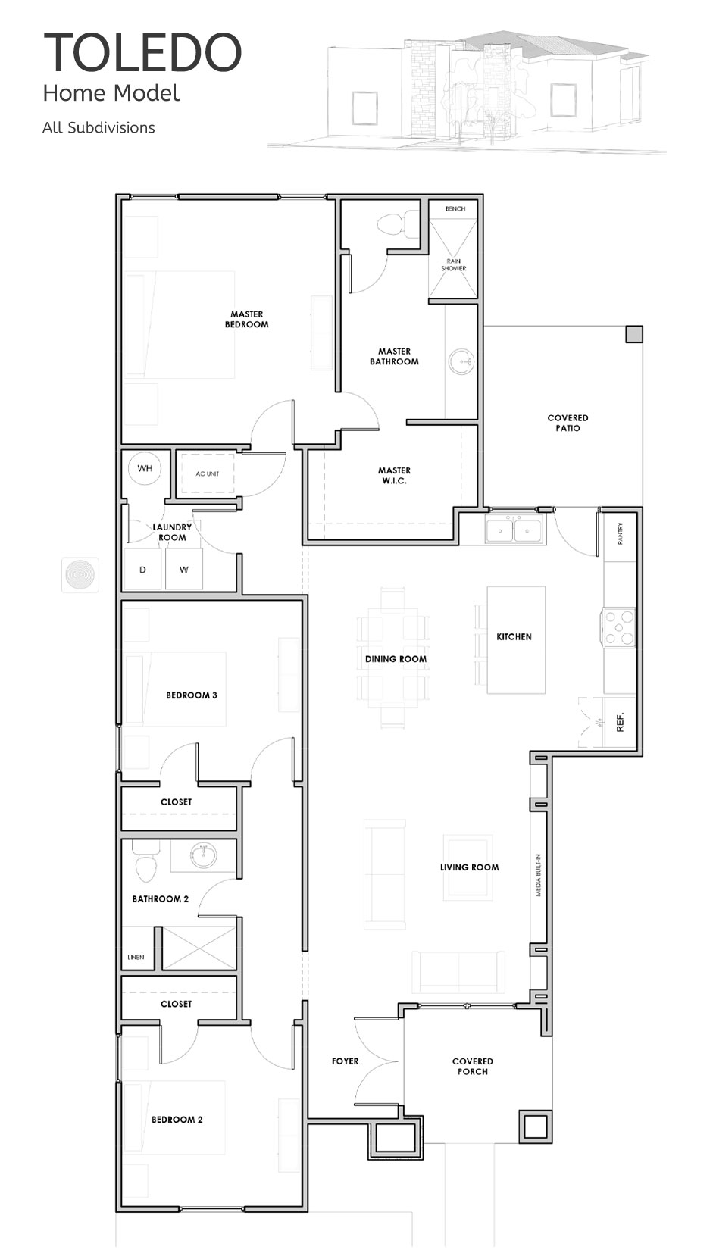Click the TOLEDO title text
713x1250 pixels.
point(142,52)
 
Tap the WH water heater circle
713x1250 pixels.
point(145,468)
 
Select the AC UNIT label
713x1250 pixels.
point(207,473)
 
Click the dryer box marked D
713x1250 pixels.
point(142,569)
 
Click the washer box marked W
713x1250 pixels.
point(183,569)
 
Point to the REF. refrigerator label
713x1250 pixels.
point(620,722)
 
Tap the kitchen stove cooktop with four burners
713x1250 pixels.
point(618,628)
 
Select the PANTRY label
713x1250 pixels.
point(621,533)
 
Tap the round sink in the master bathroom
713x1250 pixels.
point(461,361)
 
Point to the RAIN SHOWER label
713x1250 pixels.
point(454,265)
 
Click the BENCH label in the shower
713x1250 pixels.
point(455,208)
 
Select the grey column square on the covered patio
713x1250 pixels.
point(633,334)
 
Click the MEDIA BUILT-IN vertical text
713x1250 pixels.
point(538,874)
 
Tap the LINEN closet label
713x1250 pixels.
point(136,957)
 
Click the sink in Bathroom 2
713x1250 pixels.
point(204,855)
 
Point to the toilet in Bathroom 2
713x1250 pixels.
point(145,862)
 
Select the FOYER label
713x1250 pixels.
point(345,1061)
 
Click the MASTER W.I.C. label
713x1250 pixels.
point(394,476)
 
